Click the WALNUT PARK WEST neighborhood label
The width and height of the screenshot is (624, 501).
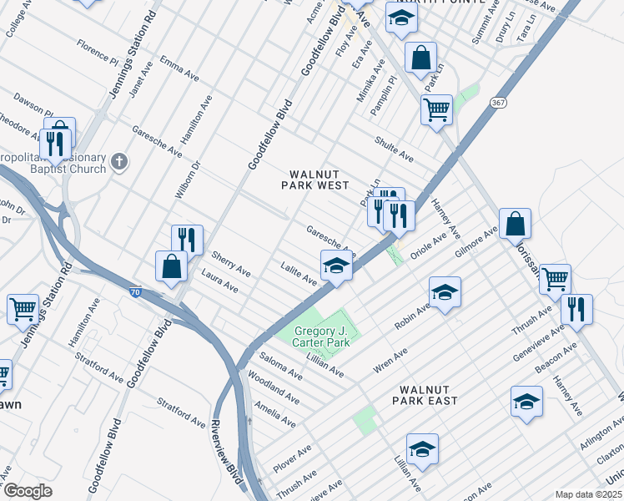[318, 180]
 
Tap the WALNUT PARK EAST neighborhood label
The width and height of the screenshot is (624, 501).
[428, 395]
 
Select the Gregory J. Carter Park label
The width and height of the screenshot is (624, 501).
[326, 337]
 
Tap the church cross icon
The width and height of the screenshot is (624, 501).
[120, 160]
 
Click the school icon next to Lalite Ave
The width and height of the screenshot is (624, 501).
[336, 266]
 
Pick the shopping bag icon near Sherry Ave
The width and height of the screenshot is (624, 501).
[171, 266]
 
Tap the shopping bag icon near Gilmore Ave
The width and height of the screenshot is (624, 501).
[516, 224]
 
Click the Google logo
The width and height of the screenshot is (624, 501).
[28, 491]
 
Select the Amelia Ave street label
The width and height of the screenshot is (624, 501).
[276, 415]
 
